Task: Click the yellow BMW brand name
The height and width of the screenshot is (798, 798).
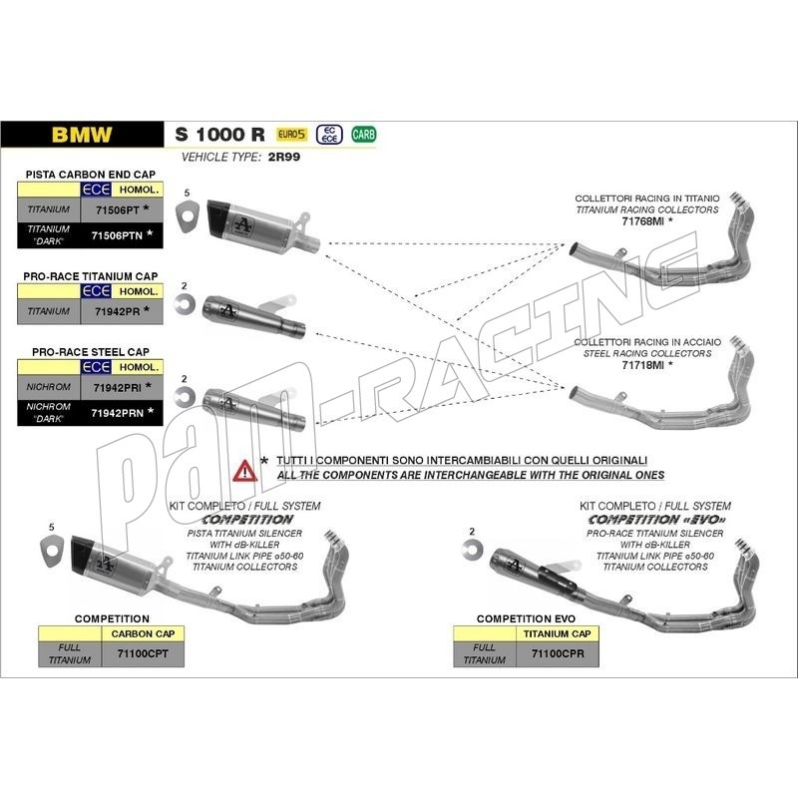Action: coord(82,135)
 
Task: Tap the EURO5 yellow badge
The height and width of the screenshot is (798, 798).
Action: coord(291,135)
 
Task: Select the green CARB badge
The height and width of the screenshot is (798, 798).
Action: coord(363,135)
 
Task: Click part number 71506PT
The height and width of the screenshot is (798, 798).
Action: coord(117,210)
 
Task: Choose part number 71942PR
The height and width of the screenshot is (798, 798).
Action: coord(117,311)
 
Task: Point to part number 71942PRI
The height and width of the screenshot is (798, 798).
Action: coord(117,388)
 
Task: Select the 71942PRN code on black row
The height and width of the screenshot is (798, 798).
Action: coord(117,413)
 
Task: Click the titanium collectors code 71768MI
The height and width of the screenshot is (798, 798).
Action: coord(642,221)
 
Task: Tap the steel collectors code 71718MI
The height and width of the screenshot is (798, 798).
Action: coord(642,365)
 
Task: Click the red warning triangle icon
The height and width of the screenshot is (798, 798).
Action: coord(244,471)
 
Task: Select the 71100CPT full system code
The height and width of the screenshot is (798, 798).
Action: coord(143,653)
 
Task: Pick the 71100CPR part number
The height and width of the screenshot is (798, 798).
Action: coord(558,653)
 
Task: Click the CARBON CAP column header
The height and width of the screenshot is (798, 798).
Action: coord(143,634)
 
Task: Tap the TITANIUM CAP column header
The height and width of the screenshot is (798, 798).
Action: coord(558,634)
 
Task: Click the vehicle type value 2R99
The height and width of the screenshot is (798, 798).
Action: coord(284,157)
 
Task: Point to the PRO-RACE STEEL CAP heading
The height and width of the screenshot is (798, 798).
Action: coord(91,352)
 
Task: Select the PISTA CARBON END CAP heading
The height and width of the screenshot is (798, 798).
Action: coord(91,175)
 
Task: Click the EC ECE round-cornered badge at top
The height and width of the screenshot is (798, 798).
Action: coord(329,135)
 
